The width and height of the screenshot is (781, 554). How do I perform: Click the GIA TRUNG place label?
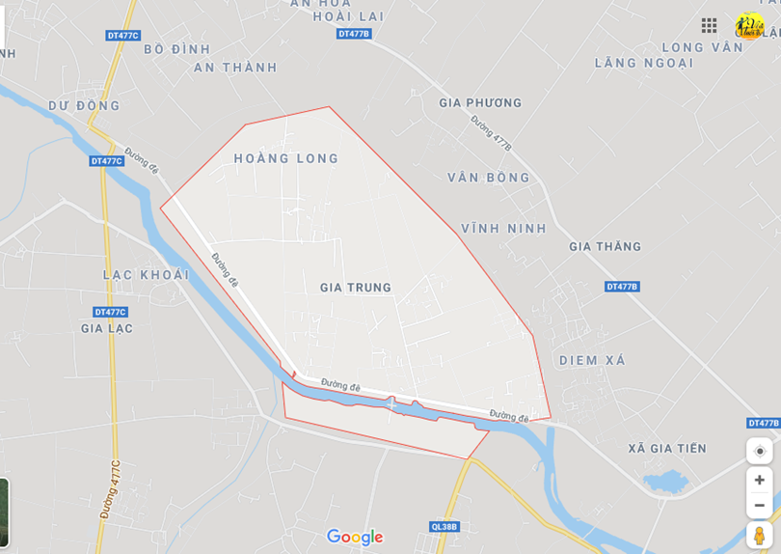click(x=356, y=288)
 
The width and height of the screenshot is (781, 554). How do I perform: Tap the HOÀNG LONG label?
click(x=286, y=158)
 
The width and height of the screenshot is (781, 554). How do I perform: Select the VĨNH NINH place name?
click(x=503, y=229)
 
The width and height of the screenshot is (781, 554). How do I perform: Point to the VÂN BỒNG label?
click(x=489, y=178)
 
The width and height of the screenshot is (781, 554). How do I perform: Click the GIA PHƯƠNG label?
click(x=480, y=103)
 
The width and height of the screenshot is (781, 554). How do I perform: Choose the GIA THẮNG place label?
click(x=605, y=246)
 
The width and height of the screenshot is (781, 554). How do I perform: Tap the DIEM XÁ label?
click(x=592, y=361)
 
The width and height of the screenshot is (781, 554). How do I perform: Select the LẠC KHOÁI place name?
click(x=145, y=275)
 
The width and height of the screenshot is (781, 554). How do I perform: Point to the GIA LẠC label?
click(x=107, y=328)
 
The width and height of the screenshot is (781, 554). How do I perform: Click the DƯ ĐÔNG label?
click(x=85, y=106)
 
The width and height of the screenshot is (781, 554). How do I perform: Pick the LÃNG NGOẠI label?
click(x=644, y=63)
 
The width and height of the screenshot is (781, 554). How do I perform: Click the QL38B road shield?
click(x=444, y=527)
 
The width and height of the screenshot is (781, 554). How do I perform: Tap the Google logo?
click(x=355, y=538)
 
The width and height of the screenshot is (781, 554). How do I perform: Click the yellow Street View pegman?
click(x=759, y=535)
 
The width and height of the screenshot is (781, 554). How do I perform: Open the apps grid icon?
click(x=709, y=25)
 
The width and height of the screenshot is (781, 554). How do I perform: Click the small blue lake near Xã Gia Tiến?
click(x=665, y=482)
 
